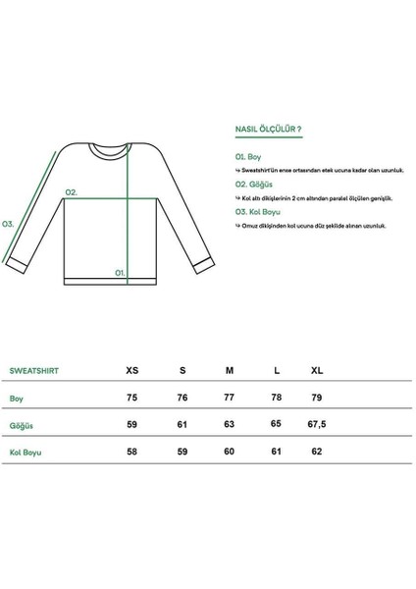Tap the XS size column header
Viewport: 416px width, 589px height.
tap(132, 371)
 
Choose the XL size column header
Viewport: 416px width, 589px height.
tap(316, 371)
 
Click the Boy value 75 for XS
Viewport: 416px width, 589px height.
tap(132, 399)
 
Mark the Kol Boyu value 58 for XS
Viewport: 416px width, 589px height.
tap(132, 454)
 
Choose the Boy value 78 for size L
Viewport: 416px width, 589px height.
tap(278, 399)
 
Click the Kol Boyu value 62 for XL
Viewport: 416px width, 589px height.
tap(315, 454)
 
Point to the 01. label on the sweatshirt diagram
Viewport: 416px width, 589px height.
tap(121, 272)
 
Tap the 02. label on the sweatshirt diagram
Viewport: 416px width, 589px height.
tap(71, 193)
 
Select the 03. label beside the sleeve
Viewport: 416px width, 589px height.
tap(8, 223)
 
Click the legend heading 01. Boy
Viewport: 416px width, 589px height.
tap(247, 156)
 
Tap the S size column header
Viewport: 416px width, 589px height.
tap(182, 371)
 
